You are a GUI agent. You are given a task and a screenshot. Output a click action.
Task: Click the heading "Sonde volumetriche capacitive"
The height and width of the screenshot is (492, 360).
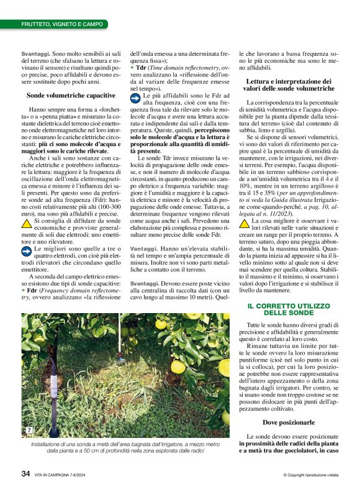tap(71, 96)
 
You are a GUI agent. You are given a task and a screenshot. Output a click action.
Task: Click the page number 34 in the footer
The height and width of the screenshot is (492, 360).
tap(26, 473)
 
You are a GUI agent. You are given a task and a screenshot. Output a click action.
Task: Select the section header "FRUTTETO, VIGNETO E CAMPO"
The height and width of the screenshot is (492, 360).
tap(62, 24)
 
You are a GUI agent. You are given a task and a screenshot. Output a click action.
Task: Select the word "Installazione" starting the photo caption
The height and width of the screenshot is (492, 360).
tap(48, 445)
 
